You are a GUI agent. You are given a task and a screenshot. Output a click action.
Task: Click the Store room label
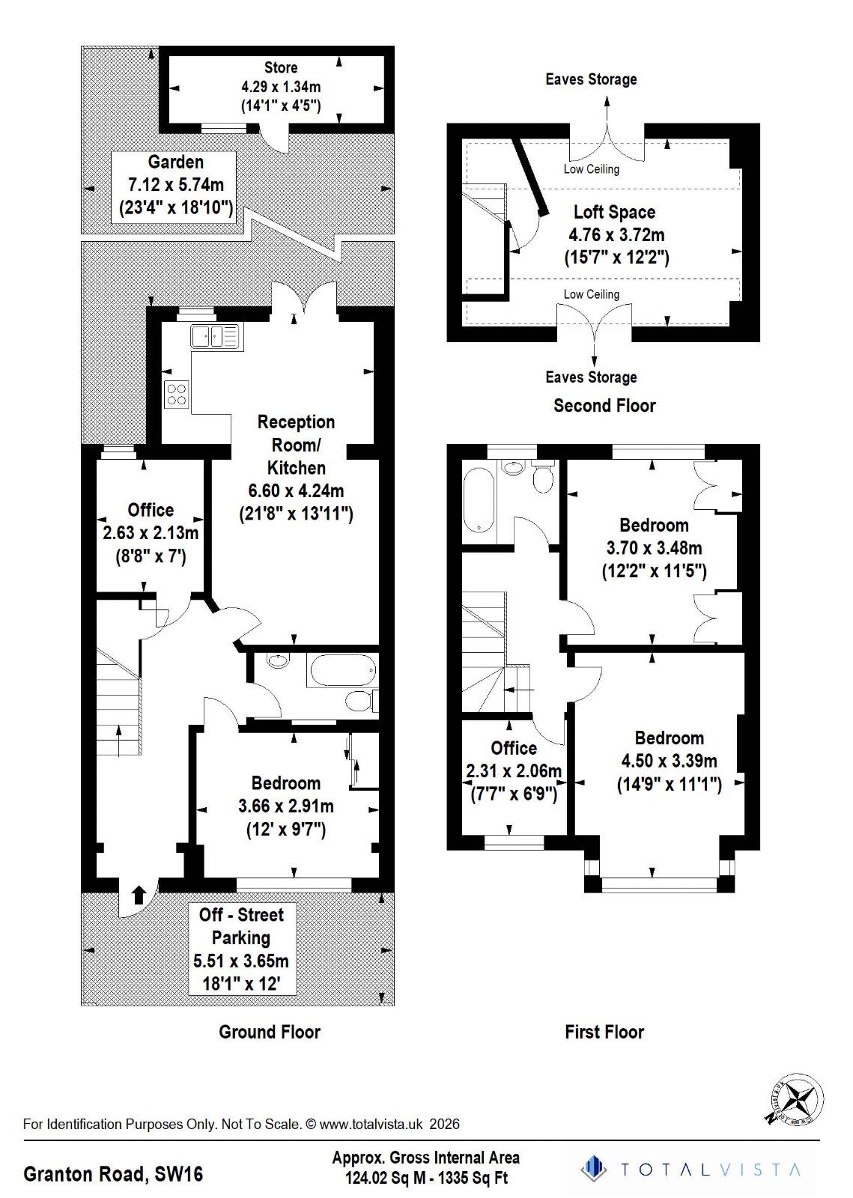tap(280, 68)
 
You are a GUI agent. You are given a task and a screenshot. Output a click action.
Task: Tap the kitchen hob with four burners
tap(177, 394)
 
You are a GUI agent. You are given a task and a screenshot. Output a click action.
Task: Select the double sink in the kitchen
tap(214, 335)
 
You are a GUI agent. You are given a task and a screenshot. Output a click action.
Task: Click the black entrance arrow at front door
tap(139, 895)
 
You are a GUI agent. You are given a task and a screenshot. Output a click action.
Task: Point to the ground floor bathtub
tap(341, 671)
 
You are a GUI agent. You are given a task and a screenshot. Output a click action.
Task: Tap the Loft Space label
tap(615, 212)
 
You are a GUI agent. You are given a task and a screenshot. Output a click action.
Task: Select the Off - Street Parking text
tap(241, 926)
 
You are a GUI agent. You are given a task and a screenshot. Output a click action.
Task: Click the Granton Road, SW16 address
tap(113, 1173)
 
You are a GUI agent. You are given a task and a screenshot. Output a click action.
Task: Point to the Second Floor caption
tap(604, 406)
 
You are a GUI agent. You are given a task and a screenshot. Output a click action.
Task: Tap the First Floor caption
tap(604, 1032)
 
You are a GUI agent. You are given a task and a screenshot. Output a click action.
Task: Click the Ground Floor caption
tap(270, 1032)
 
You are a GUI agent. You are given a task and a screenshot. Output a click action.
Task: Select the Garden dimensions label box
tap(174, 185)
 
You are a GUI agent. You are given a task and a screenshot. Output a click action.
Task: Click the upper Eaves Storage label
tap(591, 79)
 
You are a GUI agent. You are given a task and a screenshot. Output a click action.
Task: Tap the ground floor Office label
tap(151, 510)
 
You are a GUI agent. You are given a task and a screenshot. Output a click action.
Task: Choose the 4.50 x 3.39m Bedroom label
tap(669, 761)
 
